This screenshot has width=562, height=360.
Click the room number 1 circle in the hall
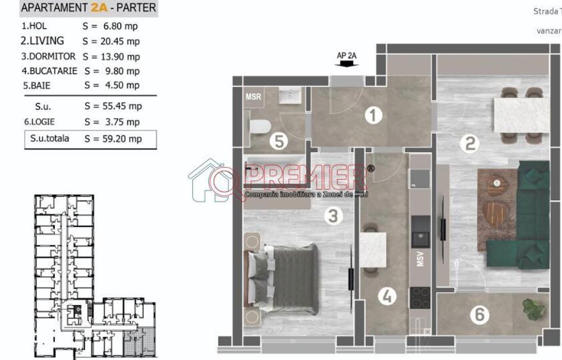click(373, 116)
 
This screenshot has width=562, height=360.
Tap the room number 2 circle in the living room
click(470, 144)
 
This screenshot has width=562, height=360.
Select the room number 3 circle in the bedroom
click(332, 216)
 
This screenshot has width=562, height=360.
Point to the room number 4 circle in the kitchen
click(386, 296)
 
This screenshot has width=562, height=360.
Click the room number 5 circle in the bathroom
click(278, 141)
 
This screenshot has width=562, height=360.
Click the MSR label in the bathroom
click(253, 97)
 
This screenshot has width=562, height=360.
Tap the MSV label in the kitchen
click(420, 260)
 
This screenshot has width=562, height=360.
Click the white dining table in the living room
click(519, 115)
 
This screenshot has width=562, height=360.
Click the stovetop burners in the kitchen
click(420, 297)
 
